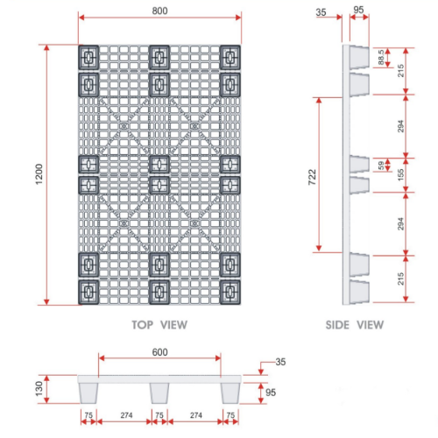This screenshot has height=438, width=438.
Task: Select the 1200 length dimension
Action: tap(37, 175)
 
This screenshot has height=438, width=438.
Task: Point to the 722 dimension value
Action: tap(313, 174)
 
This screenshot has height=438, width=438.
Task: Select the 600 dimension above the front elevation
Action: tap(159, 352)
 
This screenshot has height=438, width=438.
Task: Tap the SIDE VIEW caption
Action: tap(354, 324)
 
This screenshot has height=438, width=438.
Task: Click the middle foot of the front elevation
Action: tap(159, 390)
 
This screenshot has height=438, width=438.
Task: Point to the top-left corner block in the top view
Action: tap(88, 59)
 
